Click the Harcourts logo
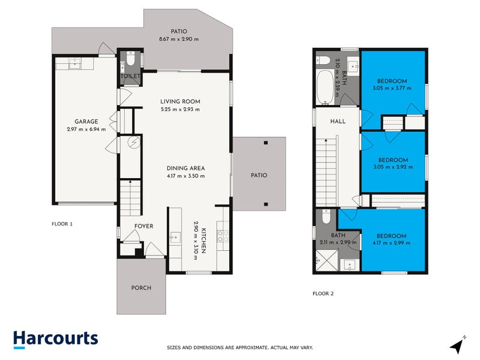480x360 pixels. tap(55, 339)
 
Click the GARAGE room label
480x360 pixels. tap(86, 121)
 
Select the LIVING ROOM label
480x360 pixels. tap(179, 101)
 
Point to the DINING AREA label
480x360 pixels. tap(185, 168)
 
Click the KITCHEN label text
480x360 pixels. tap(203, 241)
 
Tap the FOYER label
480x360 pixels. tap(143, 226)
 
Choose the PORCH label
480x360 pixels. tap(141, 287)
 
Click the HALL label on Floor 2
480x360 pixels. tap(338, 121)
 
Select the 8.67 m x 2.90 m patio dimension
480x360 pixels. tap(178, 39)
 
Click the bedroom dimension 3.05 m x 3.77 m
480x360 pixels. tap(392, 89)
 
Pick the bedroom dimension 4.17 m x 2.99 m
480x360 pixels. tap(392, 243)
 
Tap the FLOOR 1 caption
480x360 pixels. tap(62, 224)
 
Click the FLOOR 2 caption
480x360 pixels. tap(323, 293)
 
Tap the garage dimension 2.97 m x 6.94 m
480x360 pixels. tap(86, 129)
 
